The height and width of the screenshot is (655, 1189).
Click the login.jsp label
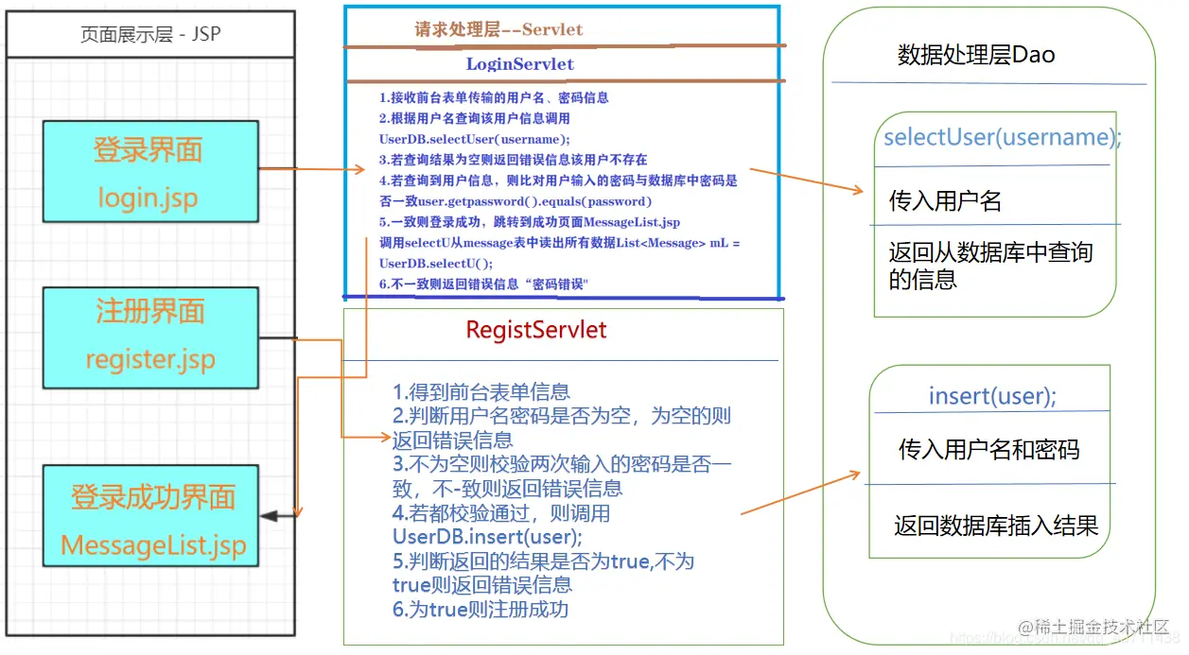tap(149, 197)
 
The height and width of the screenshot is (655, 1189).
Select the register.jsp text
tap(149, 359)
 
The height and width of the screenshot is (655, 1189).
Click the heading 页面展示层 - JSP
tap(150, 36)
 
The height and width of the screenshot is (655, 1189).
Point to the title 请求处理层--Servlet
tap(498, 29)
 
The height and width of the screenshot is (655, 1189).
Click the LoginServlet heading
tap(519, 64)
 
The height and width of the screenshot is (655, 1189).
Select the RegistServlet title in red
tap(536, 330)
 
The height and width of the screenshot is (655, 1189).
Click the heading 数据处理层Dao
tap(975, 55)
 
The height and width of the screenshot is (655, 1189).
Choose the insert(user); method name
tap(992, 396)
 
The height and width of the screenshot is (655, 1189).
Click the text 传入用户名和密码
tap(988, 449)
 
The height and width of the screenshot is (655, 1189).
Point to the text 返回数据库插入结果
tap(996, 526)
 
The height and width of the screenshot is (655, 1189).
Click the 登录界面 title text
tap(149, 150)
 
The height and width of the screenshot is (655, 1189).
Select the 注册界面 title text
tap(149, 312)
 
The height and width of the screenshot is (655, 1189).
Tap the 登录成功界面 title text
tap(153, 497)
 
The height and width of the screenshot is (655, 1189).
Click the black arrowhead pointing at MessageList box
tap(270, 516)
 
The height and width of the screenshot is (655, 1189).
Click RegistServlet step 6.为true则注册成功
tap(481, 609)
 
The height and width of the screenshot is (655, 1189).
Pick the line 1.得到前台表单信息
tap(481, 392)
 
